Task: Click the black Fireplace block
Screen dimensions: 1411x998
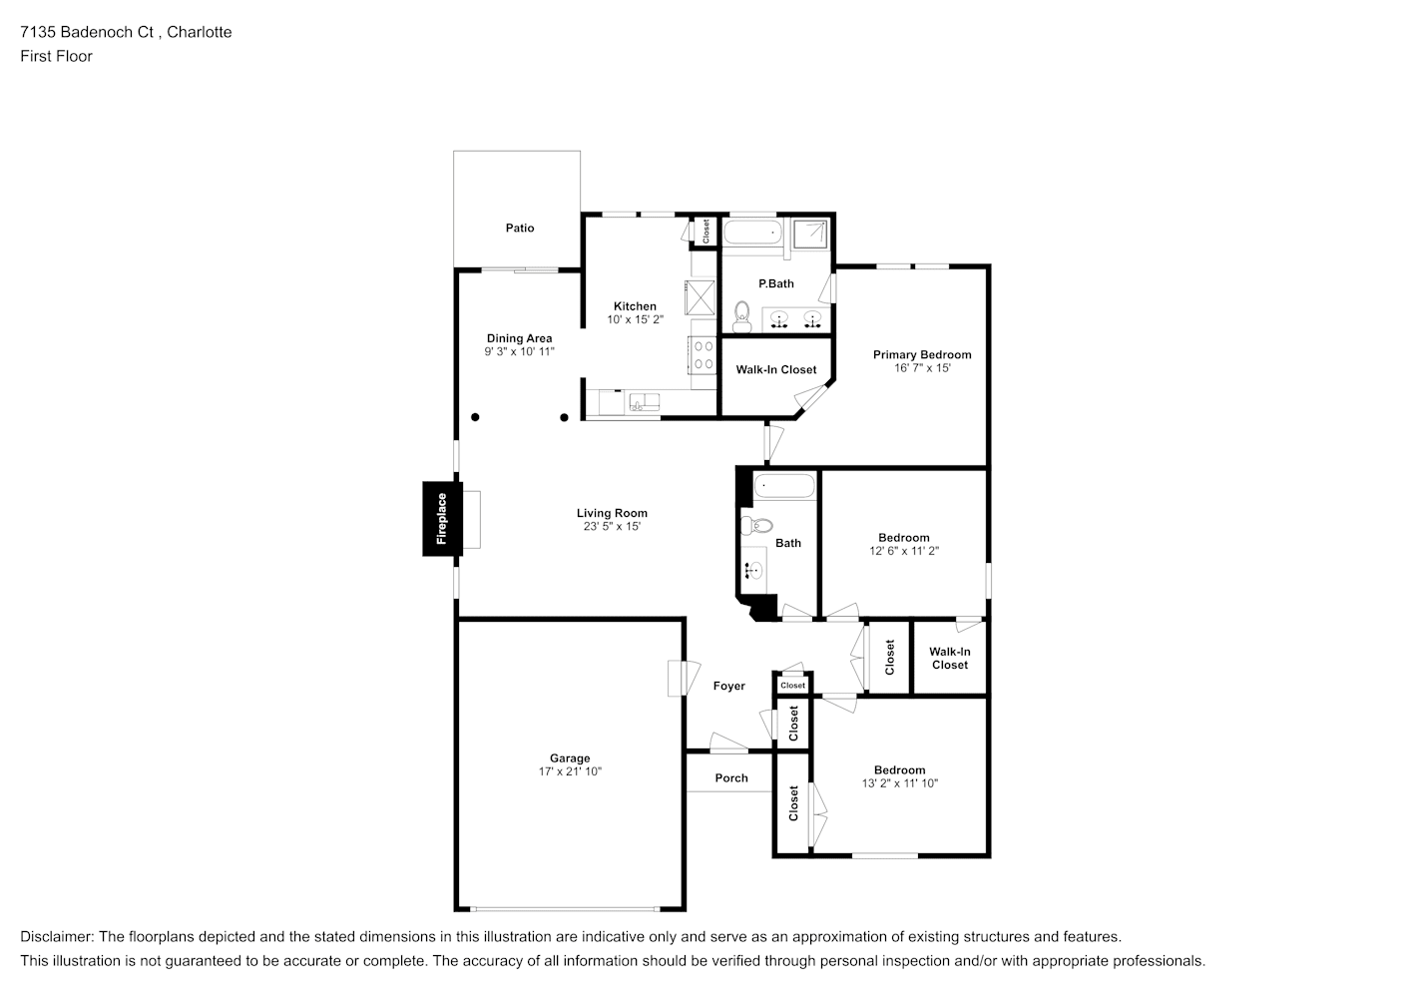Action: [x=442, y=519]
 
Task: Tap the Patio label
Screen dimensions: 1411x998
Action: [x=520, y=229]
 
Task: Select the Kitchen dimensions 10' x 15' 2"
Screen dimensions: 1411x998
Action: [x=635, y=319]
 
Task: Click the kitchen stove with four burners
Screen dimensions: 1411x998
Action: [x=704, y=355]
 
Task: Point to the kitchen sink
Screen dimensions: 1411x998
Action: [x=645, y=402]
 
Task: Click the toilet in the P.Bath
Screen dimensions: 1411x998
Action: [x=742, y=317]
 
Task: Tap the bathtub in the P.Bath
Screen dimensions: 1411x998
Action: [x=752, y=232]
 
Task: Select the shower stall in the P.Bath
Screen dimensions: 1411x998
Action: [x=810, y=234]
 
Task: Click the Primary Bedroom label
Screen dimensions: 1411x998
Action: [x=922, y=354]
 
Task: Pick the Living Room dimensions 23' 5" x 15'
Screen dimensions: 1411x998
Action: [x=612, y=527]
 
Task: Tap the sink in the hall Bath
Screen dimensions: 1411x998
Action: [x=753, y=571]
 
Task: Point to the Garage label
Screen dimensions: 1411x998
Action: [x=570, y=758]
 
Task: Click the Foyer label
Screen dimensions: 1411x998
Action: [x=728, y=687]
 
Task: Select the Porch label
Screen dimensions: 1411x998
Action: [x=731, y=778]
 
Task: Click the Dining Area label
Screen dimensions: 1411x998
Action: [x=519, y=338]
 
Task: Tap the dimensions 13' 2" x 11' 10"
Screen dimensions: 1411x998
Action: [x=899, y=783]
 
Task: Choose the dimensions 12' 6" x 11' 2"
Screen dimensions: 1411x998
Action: [x=904, y=551]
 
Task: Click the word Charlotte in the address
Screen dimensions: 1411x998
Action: [x=199, y=32]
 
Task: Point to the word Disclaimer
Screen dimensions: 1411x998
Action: [x=57, y=937]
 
